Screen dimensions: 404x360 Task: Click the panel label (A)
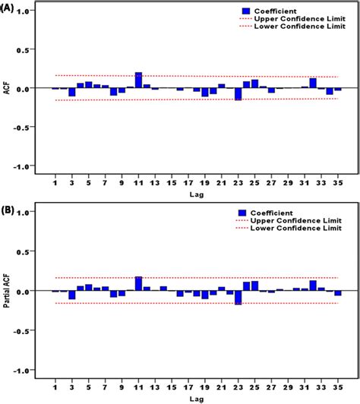[10, 10]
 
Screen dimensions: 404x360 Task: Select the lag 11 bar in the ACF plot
[138, 80]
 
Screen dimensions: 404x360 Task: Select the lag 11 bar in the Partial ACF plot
[138, 283]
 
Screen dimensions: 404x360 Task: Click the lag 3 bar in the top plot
[71, 92]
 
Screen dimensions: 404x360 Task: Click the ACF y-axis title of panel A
[8, 89]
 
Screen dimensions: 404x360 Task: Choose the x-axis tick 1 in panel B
[55, 385]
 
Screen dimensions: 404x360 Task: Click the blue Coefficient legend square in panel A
[246, 10]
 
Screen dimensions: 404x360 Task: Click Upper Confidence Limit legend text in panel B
[299, 221]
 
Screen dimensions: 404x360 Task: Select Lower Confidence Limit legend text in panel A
[299, 27]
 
